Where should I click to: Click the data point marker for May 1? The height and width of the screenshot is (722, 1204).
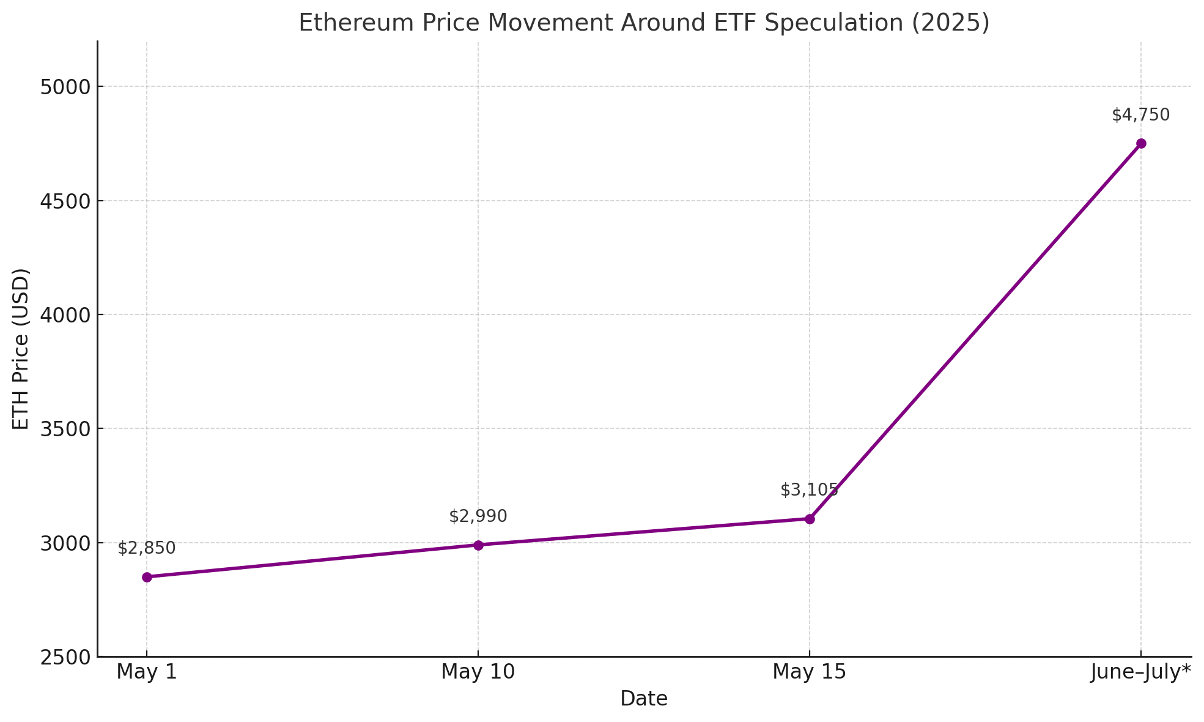(147, 577)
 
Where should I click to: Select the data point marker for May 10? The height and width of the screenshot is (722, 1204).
(478, 545)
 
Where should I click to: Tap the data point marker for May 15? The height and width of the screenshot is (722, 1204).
(810, 519)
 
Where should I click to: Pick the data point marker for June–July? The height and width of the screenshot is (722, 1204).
(1141, 144)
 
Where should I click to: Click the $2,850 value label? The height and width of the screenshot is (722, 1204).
(147, 548)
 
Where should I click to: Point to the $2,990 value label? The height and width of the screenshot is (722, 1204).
(478, 516)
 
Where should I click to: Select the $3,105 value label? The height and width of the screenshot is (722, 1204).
(810, 490)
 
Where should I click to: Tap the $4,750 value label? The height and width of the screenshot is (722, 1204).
(1141, 115)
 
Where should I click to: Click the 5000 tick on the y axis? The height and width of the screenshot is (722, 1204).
(64, 87)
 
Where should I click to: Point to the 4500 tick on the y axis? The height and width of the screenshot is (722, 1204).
(64, 201)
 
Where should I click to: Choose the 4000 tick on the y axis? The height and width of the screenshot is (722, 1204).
(64, 315)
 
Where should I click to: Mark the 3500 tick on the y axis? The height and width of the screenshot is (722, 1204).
(64, 429)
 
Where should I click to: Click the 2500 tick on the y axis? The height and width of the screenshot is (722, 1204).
(64, 657)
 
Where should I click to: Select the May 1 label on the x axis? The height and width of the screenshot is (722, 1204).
(147, 672)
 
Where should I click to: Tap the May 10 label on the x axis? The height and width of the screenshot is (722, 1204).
(478, 672)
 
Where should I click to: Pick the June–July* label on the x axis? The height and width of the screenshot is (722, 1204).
(1141, 672)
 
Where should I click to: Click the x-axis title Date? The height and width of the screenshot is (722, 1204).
(644, 699)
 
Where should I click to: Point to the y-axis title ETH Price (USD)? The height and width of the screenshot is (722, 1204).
(21, 349)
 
